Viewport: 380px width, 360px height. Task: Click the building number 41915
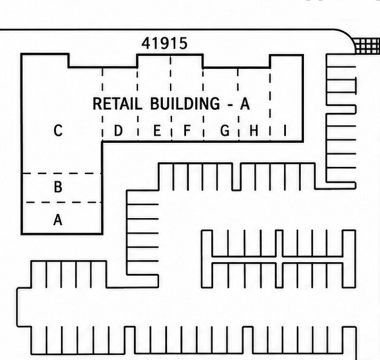164,43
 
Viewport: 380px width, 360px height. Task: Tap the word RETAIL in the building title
117,103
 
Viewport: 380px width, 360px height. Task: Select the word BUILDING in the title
185,103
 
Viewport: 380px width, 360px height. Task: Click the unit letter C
58,131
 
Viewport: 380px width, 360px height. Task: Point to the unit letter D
118,131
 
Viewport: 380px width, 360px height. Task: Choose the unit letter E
157,131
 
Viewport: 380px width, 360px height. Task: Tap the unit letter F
187,131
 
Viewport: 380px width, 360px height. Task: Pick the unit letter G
225,131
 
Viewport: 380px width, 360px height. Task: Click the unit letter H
254,131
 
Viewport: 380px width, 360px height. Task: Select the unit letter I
285,131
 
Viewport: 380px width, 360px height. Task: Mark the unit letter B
58,187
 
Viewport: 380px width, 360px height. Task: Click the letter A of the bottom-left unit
58,220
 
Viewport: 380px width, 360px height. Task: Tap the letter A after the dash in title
245,103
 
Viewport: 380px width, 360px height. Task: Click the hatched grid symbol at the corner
367,46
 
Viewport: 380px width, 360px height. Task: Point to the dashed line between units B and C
61,173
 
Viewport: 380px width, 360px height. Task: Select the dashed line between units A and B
64,203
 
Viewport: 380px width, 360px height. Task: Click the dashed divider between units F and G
203,105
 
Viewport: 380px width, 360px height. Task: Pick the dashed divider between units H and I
270,105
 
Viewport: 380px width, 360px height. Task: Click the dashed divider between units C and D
102,105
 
